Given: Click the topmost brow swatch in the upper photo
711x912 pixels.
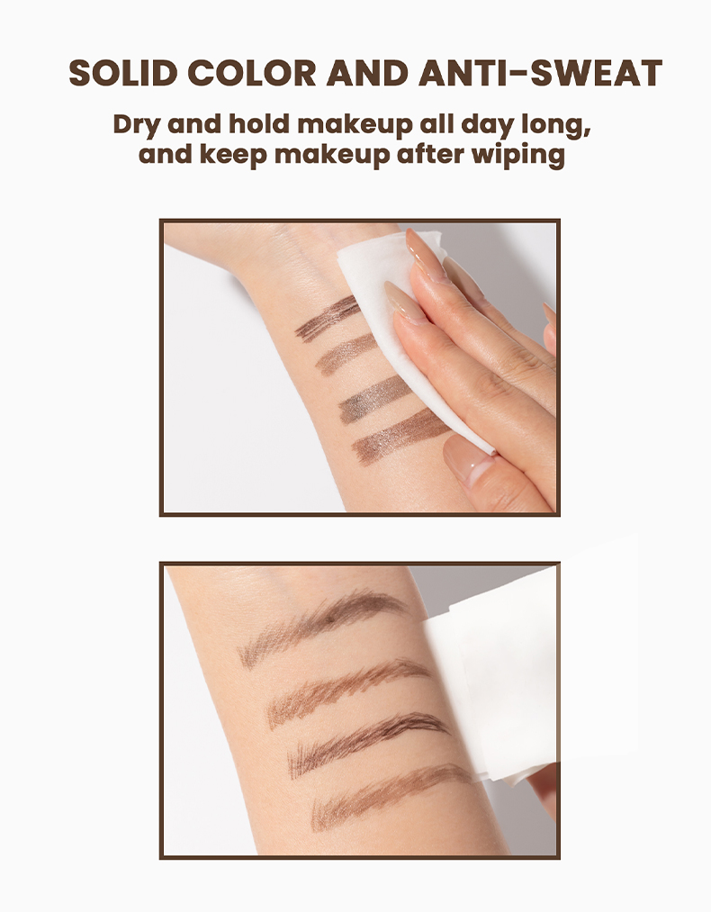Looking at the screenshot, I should [x=327, y=319].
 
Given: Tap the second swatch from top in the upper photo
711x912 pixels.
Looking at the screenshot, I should [x=346, y=353].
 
